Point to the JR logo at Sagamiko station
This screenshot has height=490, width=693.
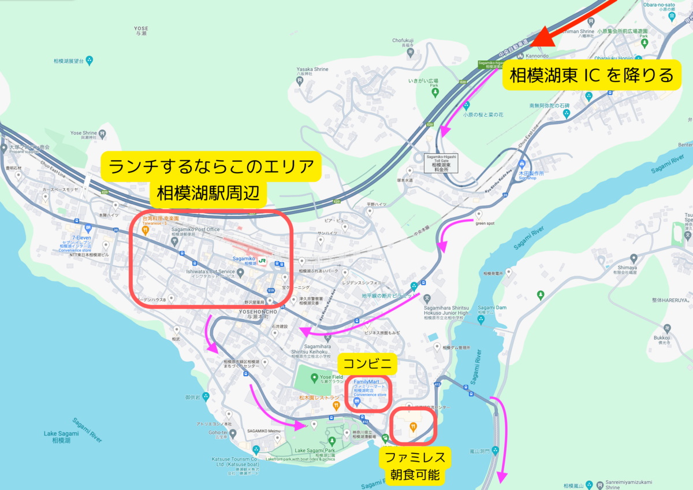(x=262, y=261)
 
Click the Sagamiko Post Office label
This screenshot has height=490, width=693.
(x=195, y=229)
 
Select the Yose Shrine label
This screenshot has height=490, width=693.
(x=83, y=132)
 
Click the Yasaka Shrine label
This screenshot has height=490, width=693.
(x=312, y=69)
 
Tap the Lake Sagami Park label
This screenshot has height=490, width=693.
(x=315, y=450)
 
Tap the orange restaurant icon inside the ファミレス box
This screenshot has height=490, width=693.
(x=413, y=426)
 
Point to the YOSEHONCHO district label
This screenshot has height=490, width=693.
(x=258, y=311)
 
